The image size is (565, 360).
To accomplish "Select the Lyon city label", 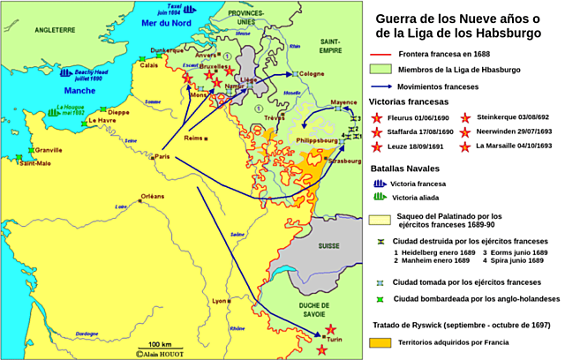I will tap(221, 301).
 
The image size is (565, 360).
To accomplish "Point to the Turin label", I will tap(335, 339).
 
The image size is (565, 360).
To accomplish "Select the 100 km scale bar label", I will tap(160, 343).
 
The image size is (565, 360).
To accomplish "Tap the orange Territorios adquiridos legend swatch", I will tap(385, 341).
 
